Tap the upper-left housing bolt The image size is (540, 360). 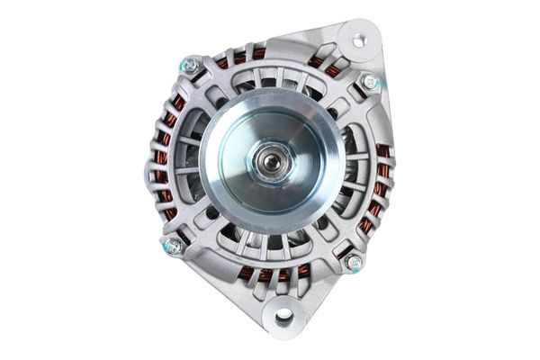pyautogui.click(x=189, y=65)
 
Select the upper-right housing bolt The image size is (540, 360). pyautogui.click(x=368, y=81)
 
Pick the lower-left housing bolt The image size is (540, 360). pyautogui.click(x=173, y=246)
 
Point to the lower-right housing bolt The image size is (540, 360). pyautogui.click(x=355, y=262)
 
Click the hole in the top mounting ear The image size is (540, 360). pyautogui.click(x=358, y=40)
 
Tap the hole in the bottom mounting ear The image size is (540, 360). pyautogui.click(x=284, y=316)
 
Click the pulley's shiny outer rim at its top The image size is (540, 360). pyautogui.click(x=270, y=97)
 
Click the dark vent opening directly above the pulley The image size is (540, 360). pyautogui.click(x=270, y=83)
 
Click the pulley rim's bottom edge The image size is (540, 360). pyautogui.click(x=270, y=231)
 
